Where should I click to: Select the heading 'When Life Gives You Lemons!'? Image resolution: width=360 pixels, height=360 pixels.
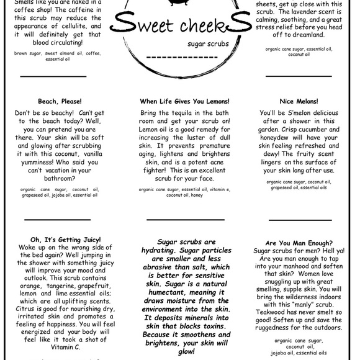(x=184, y=101)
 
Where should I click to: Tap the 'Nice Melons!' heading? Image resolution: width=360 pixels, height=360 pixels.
(x=299, y=101)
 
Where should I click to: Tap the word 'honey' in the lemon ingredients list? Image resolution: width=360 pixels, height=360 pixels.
(x=197, y=194)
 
